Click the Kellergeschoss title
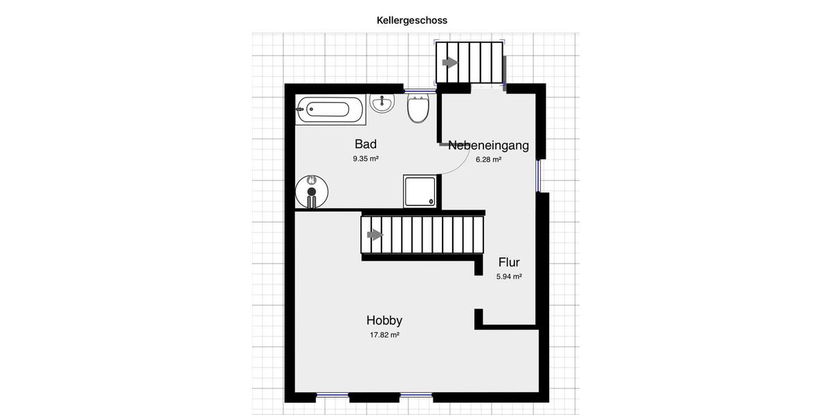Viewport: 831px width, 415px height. (412, 21)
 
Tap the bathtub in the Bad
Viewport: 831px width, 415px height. (330, 109)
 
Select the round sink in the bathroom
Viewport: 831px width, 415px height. (382, 104)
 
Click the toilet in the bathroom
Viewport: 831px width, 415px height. (418, 109)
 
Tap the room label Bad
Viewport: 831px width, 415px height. (366, 144)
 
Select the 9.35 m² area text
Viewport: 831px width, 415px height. (366, 159)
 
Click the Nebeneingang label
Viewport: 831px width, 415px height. (488, 145)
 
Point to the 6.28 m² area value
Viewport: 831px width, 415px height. (488, 160)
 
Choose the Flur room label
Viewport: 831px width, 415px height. (509, 262)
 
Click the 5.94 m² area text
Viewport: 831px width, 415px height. (509, 277)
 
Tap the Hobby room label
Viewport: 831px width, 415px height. (384, 320)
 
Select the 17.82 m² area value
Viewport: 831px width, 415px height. (384, 335)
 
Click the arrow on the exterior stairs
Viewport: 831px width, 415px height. (450, 62)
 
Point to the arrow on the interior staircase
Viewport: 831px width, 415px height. (375, 234)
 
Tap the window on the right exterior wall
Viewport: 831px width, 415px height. (538, 176)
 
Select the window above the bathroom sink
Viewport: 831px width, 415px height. (420, 89)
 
